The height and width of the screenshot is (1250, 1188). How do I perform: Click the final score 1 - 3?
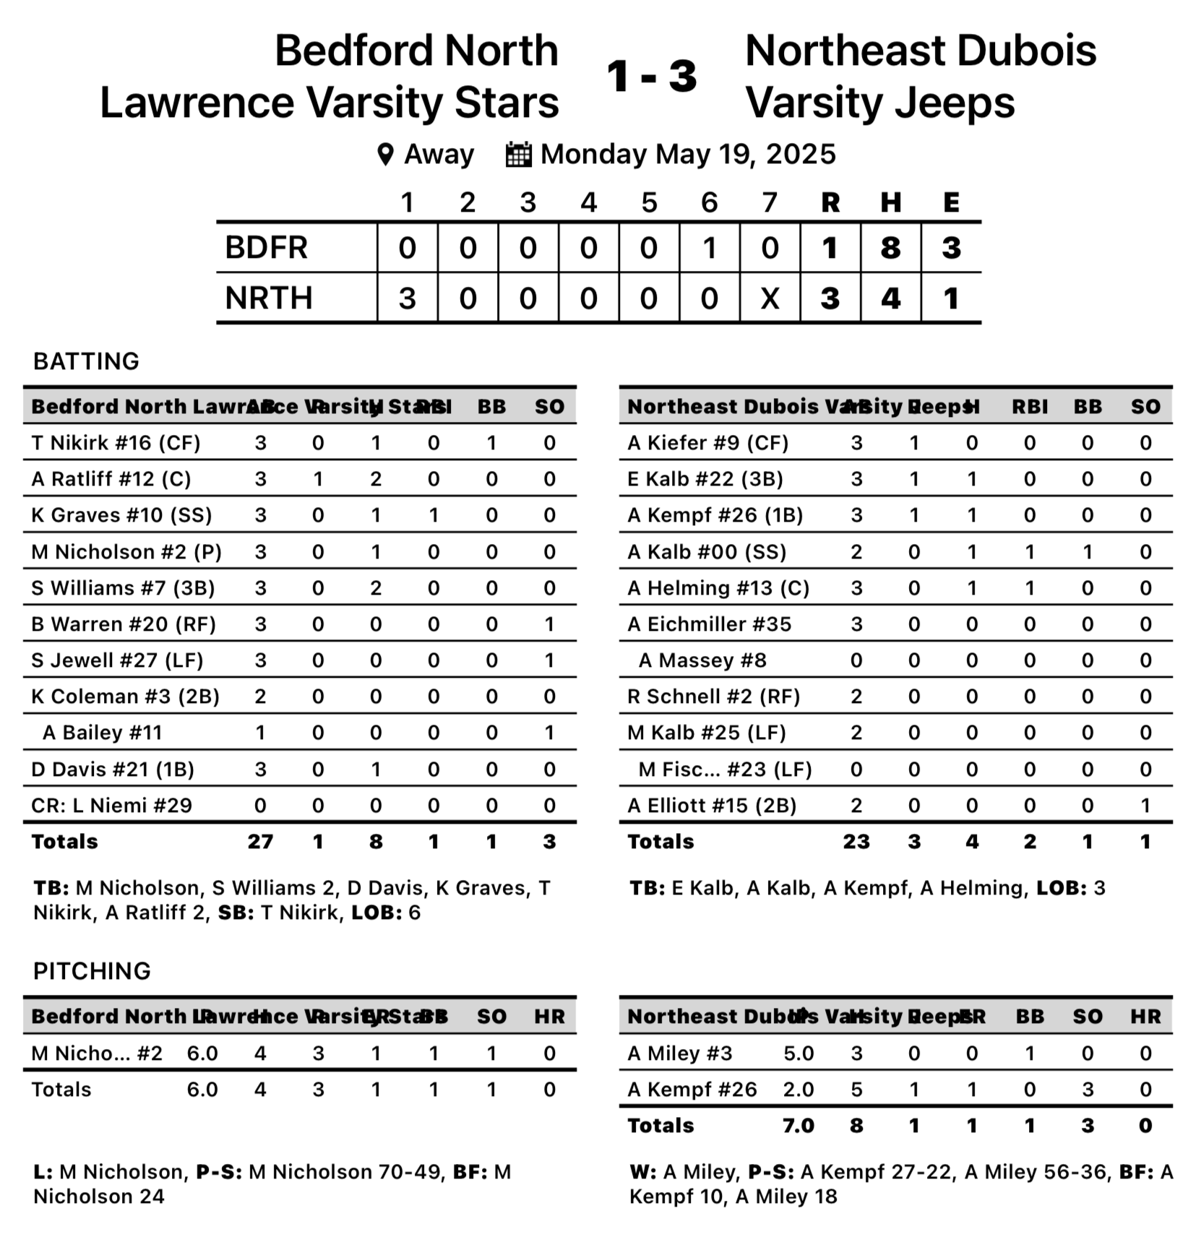(x=651, y=76)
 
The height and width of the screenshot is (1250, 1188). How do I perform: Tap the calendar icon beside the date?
(x=518, y=154)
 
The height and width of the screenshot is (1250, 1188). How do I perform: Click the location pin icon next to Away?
(x=386, y=154)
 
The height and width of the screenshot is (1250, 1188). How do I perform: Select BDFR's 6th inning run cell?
(x=709, y=248)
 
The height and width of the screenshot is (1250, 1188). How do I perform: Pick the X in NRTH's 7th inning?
(x=770, y=298)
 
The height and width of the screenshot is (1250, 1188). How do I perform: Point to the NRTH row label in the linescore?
(x=269, y=298)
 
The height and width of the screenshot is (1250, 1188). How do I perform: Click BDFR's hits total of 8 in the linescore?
(x=890, y=248)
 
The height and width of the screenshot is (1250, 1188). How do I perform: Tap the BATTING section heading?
(x=86, y=361)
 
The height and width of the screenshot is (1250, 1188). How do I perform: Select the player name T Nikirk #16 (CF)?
(x=116, y=442)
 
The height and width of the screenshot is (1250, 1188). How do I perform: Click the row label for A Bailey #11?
(x=102, y=732)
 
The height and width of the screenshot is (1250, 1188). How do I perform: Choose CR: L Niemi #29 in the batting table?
(x=111, y=805)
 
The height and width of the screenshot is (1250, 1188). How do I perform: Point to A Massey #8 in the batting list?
(x=702, y=660)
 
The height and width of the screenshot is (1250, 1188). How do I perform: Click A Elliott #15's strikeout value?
(x=1145, y=805)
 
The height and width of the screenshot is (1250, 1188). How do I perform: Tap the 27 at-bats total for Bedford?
(x=260, y=841)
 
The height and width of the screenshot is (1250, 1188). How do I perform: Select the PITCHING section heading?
(x=92, y=970)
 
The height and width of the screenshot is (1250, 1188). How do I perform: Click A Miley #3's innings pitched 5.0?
(x=799, y=1053)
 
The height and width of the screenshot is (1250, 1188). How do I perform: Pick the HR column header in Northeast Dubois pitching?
(x=1145, y=1017)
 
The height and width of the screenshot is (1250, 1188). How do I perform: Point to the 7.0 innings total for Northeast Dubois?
(x=799, y=1126)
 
